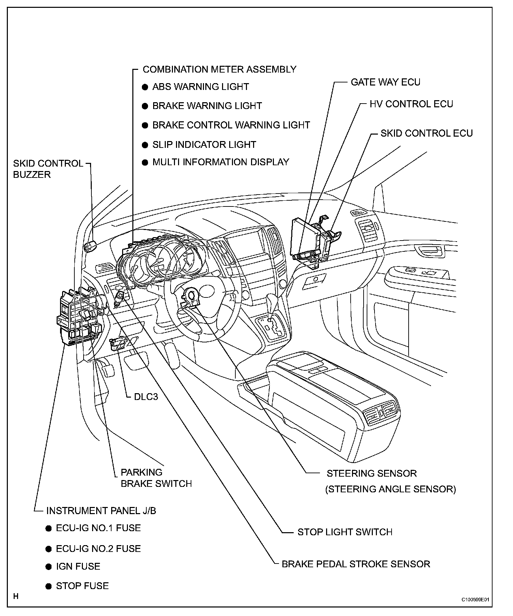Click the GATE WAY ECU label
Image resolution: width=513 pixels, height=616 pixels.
click(x=385, y=82)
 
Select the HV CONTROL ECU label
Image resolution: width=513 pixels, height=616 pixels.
click(x=411, y=104)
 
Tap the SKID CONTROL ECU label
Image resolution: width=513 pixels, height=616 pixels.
click(x=426, y=133)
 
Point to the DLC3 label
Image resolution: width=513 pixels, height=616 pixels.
click(x=146, y=397)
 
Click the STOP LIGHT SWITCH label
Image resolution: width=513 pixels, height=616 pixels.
click(x=345, y=532)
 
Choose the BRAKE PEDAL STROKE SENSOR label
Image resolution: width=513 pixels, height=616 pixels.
click(x=356, y=564)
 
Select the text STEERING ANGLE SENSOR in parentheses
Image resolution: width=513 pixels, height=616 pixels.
click(x=391, y=489)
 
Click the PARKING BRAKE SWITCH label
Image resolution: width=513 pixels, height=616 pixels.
click(x=156, y=478)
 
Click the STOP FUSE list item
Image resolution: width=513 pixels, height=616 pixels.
click(x=82, y=586)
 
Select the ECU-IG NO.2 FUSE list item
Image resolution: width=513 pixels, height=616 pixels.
click(x=98, y=549)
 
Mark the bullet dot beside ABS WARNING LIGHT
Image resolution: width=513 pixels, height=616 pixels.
click(x=145, y=87)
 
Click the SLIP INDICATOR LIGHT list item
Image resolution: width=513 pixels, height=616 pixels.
click(x=204, y=144)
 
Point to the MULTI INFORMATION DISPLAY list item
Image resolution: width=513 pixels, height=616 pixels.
click(x=220, y=162)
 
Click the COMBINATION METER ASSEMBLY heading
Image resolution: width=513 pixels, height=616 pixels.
click(x=219, y=70)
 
